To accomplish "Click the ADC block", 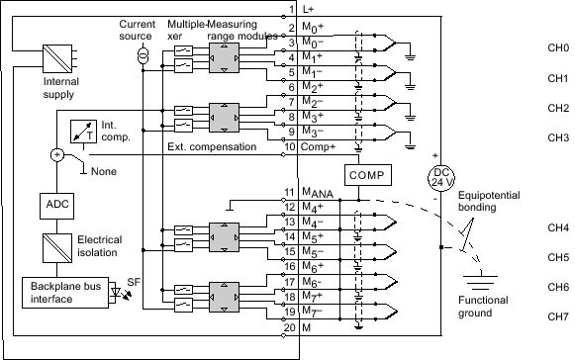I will tap(54, 204).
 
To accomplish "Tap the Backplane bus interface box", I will tap(61, 292).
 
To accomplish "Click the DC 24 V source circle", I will tap(440, 177).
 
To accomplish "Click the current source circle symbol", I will tap(144, 52).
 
